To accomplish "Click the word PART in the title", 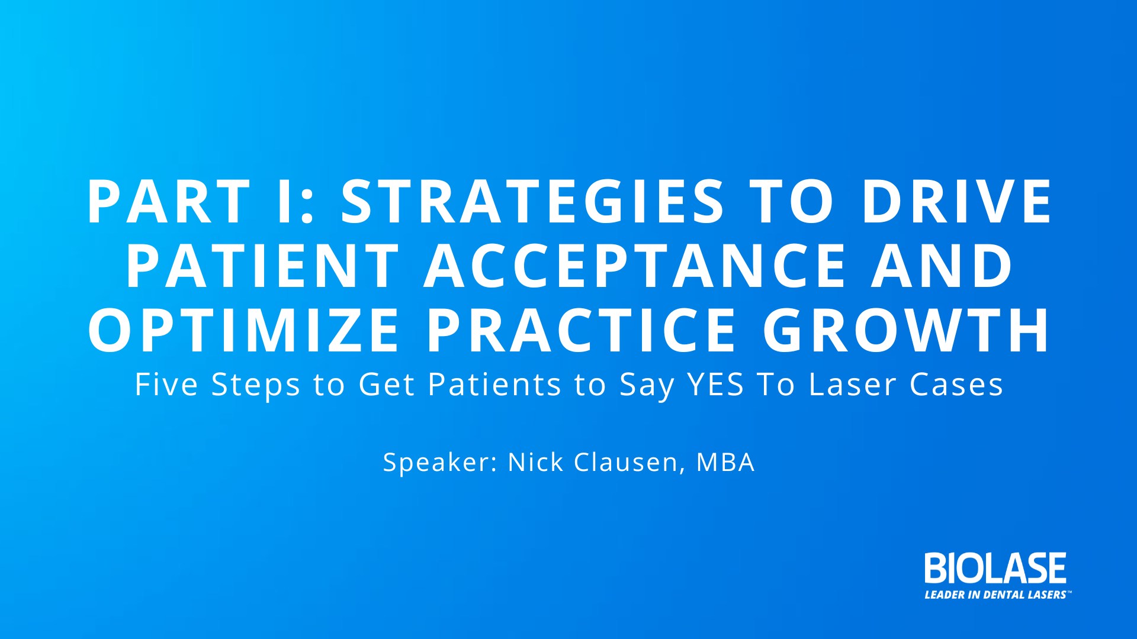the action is (169, 202).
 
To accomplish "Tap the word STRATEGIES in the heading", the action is (532, 202).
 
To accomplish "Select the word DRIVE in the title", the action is (956, 202).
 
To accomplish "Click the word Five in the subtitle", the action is (166, 385).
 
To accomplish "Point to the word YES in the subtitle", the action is (715, 385).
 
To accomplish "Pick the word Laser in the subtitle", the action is (853, 385).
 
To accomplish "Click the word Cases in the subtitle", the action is (956, 385).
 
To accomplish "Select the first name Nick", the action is (535, 462).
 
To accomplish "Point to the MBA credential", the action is (725, 462).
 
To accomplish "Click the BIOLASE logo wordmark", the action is (995, 568).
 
